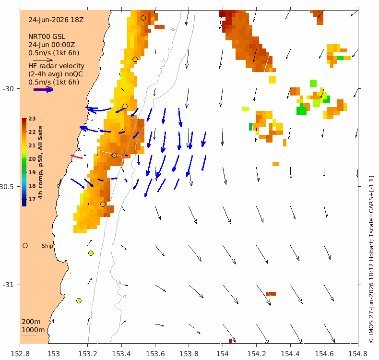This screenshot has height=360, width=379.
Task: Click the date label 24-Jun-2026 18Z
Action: pos(56,20)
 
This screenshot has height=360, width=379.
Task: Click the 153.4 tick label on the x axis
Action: pos(121,354)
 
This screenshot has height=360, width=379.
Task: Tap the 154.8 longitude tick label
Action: pos(358,354)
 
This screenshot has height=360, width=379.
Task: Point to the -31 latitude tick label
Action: pos(9,285)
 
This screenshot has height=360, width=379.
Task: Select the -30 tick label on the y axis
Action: pos(9,89)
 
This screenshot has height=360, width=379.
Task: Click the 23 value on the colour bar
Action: pos(32,119)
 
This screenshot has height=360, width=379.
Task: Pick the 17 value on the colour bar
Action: pos(32,200)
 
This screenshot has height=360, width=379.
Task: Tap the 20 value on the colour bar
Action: pos(32,159)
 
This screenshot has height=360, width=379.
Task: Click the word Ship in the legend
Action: pos(47,246)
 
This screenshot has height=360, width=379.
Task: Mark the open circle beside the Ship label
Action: pos(25,246)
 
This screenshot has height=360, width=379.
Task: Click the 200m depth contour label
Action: pos(31,322)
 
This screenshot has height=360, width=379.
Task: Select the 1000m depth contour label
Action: pos(33,330)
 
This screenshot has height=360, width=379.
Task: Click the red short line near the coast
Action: pos(76,157)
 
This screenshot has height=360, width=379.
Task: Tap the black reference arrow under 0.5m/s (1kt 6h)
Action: pos(43,60)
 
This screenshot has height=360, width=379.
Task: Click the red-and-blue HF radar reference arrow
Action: pos(43,89)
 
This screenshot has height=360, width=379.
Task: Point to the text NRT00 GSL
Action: pos(47,37)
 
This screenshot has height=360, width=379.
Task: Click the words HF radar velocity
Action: pos(56,66)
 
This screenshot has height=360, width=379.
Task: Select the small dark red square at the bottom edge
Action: pos(230,341)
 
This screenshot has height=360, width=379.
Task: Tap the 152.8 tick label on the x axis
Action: pos(20,354)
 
